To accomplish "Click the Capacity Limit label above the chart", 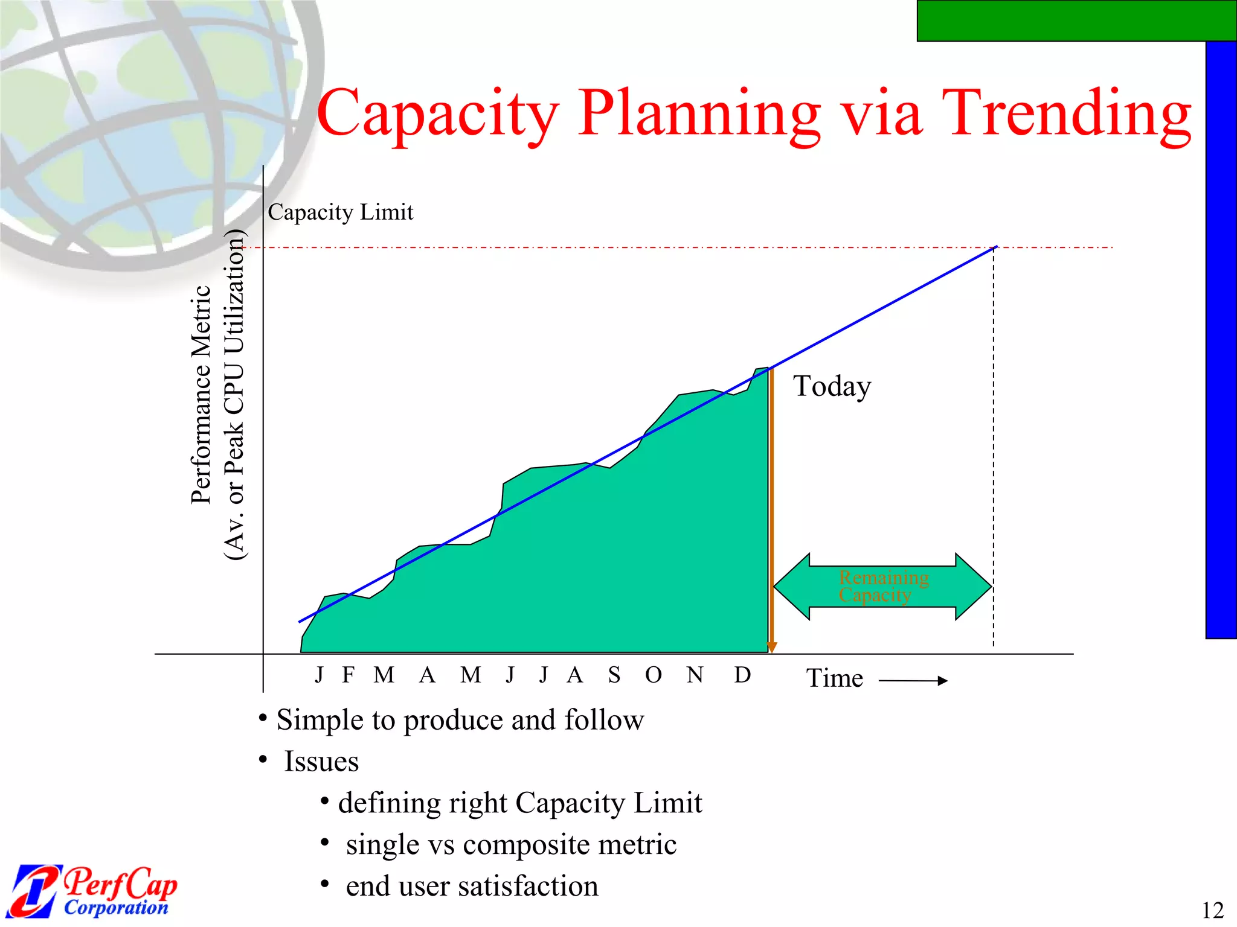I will tap(340, 212).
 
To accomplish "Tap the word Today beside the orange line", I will tap(832, 386).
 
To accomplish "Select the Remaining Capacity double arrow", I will tap(882, 587).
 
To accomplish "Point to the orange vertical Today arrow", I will tap(771, 513).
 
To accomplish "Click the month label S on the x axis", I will tap(614, 675).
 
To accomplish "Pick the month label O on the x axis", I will tap(653, 675).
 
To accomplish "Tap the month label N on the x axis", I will tap(695, 675).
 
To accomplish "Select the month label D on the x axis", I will tap(742, 675).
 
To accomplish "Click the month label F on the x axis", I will tap(348, 675).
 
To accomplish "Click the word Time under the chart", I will tap(835, 678).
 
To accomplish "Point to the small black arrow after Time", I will tap(913, 681).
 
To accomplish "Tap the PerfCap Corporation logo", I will tap(94, 891).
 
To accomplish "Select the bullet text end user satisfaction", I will tap(472, 886).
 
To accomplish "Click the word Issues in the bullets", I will tap(321, 762).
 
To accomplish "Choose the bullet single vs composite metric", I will tap(510, 844).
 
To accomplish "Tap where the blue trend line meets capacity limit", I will tap(995, 247).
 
